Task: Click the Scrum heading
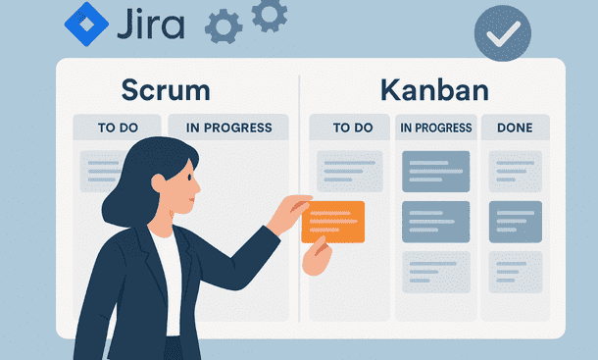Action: click(166, 90)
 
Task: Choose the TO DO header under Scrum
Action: click(115, 127)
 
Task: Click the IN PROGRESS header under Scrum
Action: click(228, 127)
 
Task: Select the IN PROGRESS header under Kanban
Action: click(436, 128)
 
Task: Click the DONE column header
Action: click(515, 128)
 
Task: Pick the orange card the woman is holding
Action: click(333, 222)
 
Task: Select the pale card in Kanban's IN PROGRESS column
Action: click(435, 272)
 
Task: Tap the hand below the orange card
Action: click(316, 258)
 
